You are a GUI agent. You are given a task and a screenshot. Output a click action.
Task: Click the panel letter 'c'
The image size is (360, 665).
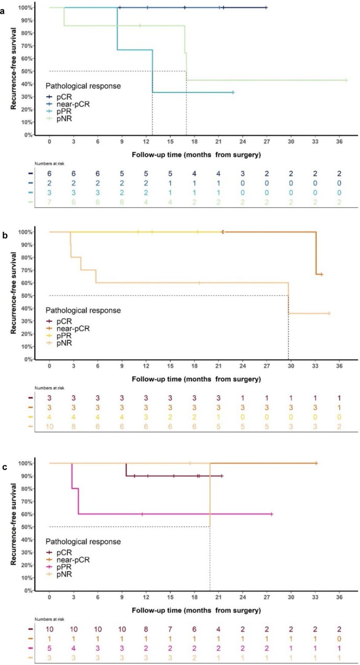coord(4,449)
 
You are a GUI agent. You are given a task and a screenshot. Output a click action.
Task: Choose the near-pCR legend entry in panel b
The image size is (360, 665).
coord(74,327)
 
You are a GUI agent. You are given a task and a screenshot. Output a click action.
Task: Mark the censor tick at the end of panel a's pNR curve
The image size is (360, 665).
coord(346,80)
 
